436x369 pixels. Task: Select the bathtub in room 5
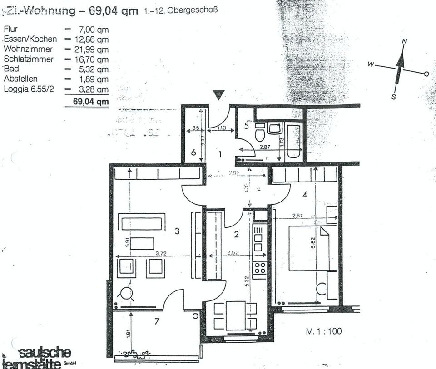point(293,141)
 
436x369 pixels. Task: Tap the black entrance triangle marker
point(219,94)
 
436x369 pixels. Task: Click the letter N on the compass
point(404,41)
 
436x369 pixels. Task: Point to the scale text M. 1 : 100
point(323,331)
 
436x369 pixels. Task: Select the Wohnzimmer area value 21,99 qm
point(92,49)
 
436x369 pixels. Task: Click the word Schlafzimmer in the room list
point(29,59)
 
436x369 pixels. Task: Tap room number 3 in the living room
point(178,231)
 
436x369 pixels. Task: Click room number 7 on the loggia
point(157,321)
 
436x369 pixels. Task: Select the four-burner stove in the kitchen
point(260,268)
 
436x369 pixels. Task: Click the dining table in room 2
point(235,315)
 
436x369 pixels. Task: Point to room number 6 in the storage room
point(193,153)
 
